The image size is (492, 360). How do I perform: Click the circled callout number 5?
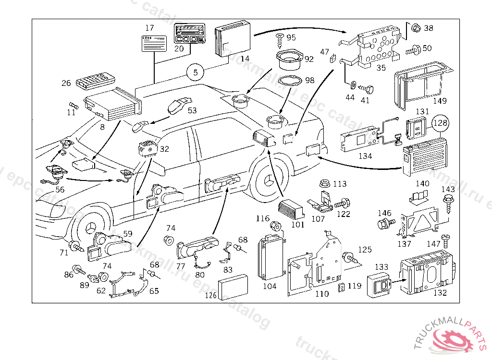coord(195,72)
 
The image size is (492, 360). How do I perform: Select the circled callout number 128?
coord(441,123)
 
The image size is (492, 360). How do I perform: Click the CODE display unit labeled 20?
coord(189,34)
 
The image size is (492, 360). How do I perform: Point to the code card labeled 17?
coord(154,43)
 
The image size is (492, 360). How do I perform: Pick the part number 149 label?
coord(439,101)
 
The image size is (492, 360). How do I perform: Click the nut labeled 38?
coord(417,28)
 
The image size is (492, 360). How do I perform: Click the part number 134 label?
coord(365,156)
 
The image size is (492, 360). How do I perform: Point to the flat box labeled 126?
coord(233,287)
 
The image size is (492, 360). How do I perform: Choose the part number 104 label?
coord(270,286)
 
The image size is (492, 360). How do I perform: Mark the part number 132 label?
coord(440,292)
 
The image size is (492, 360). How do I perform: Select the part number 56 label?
coord(60,190)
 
